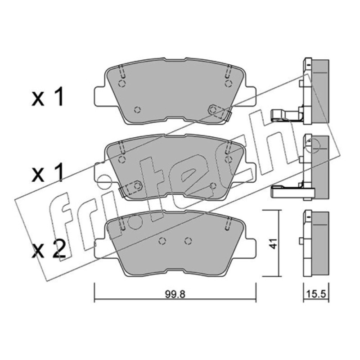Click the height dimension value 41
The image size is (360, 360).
tap(273, 243)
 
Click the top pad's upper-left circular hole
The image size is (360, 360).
tap(122, 84)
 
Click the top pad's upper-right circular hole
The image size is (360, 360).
tap(228, 84)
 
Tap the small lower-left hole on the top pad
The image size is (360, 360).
tap(137, 110)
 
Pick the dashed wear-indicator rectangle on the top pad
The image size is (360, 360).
tap(217, 112)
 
